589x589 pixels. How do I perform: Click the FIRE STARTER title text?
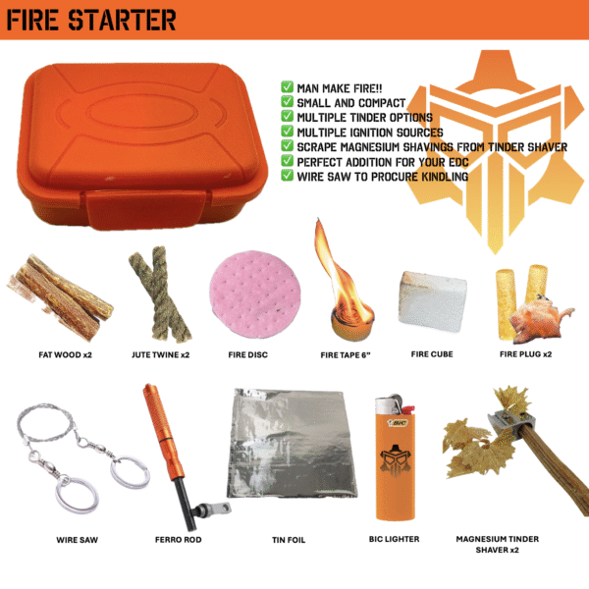coord(91,20)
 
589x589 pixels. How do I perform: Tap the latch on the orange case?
coord(145,208)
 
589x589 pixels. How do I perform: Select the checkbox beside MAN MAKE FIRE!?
coord(287,86)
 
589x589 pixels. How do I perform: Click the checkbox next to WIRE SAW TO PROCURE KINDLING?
coord(287,175)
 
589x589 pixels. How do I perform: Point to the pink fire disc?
coord(254,294)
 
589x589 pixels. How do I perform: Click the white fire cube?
coord(433,301)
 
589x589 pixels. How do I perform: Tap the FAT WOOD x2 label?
coord(66,354)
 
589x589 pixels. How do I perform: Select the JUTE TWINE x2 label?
coord(160,354)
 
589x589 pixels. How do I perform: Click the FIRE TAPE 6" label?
coord(346,355)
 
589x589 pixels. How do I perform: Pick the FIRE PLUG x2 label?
coord(525,354)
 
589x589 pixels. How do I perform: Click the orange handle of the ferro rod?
coord(163,431)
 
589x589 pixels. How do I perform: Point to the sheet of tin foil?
coord(292,444)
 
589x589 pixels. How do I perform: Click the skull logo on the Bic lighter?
coord(395,461)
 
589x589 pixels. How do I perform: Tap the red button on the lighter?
coord(408,409)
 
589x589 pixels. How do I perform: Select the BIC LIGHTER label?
coord(394,539)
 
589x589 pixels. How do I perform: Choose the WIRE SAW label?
coord(77,540)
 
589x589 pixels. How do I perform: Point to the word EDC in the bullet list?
coord(458,162)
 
